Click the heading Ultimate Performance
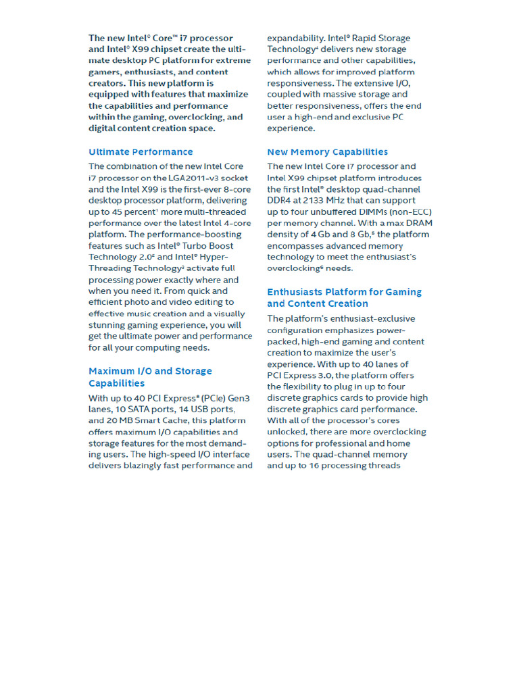coord(141,152)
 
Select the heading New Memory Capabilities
coord(327,152)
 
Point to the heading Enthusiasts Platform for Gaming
coord(344,292)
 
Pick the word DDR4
coord(280,201)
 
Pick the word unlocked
coord(287,432)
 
